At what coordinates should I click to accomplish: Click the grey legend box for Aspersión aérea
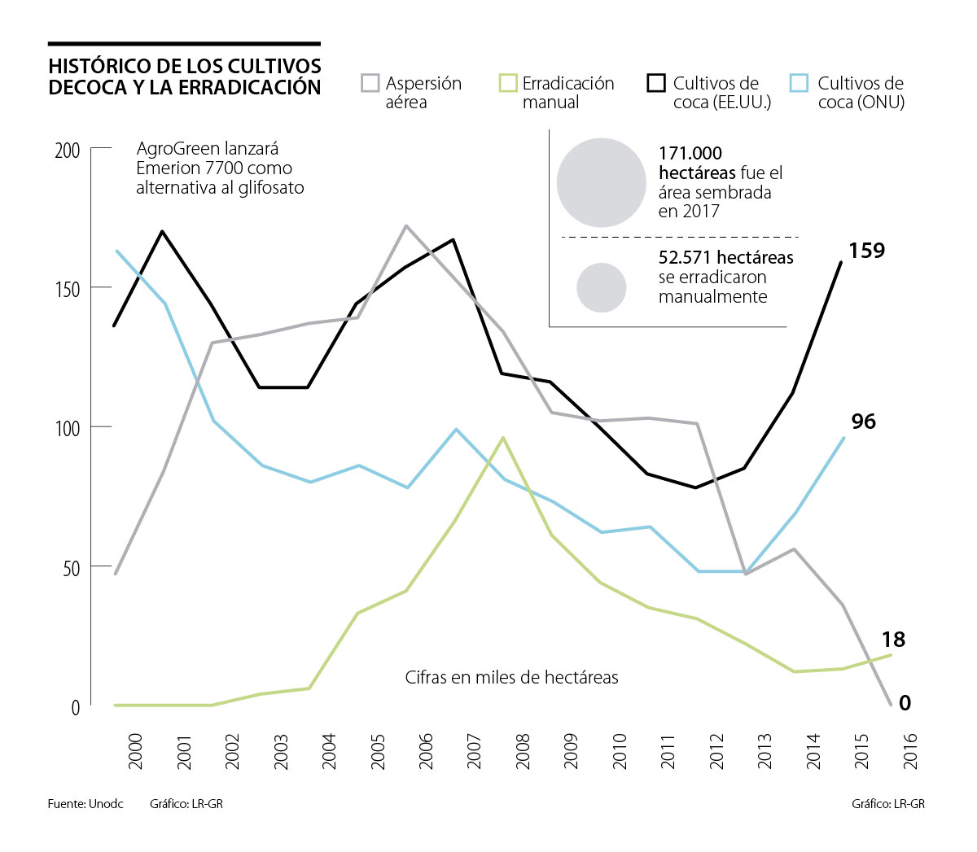point(370,83)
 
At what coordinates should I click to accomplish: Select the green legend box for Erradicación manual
point(508,83)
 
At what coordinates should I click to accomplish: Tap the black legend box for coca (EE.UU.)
point(656,83)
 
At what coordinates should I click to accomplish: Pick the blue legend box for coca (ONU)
point(800,83)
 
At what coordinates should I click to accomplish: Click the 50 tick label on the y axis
point(72,567)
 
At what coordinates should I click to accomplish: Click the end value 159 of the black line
point(866,251)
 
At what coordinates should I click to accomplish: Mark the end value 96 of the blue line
point(864,422)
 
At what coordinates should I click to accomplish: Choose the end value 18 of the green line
point(893,640)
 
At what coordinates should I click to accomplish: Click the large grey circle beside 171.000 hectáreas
point(602,182)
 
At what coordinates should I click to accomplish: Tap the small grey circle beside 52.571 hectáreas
point(602,287)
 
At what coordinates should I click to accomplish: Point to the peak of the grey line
point(405,225)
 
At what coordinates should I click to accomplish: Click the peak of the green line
point(503,437)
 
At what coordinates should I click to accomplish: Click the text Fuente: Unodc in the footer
point(85,804)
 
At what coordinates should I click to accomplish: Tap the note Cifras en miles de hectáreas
point(511,677)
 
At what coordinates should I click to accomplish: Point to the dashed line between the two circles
point(680,237)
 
